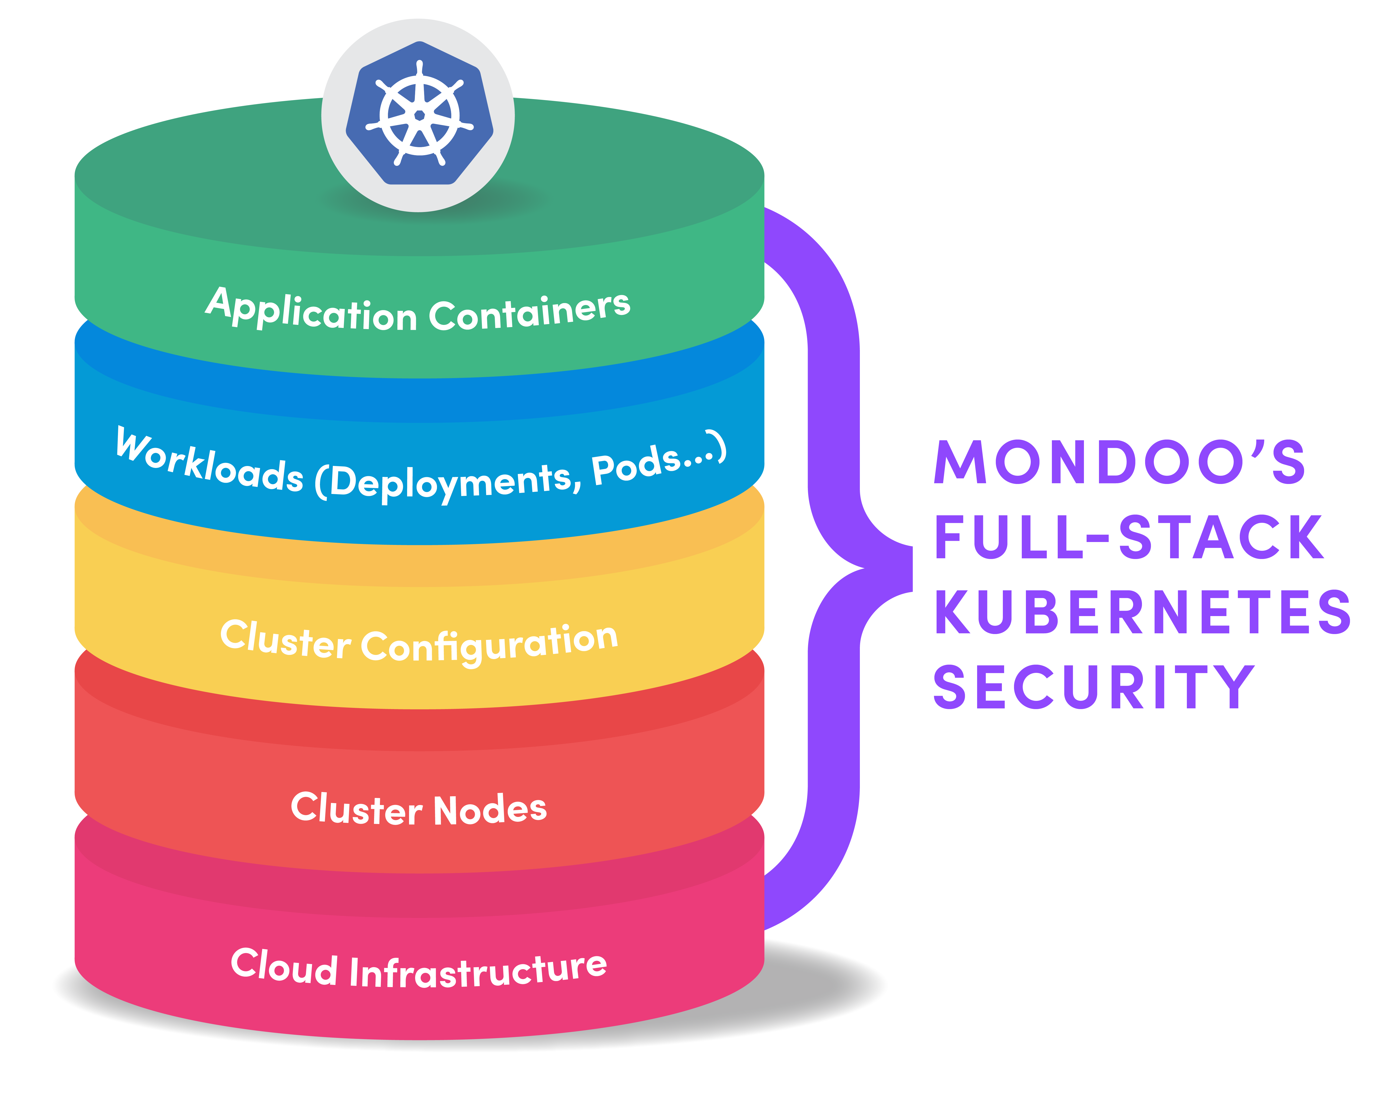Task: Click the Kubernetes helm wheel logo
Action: pos(419,114)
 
